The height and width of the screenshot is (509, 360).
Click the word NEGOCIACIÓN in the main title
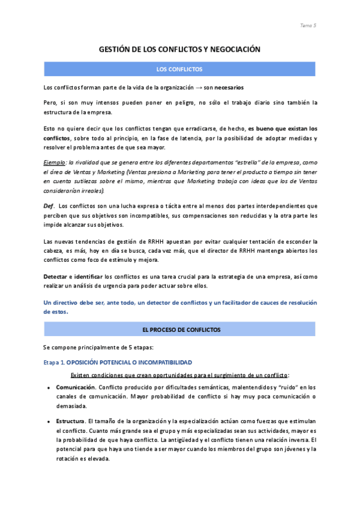(233, 50)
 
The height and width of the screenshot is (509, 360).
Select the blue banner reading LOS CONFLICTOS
(179, 70)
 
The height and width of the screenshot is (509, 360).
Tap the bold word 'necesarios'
(226, 87)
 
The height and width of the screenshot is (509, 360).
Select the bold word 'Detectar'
(55, 277)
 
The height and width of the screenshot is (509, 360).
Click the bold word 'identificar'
(86, 277)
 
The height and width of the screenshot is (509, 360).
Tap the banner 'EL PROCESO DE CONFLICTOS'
(179, 330)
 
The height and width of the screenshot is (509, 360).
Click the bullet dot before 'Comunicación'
(48, 388)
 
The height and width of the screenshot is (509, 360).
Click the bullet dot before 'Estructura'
(48, 422)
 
